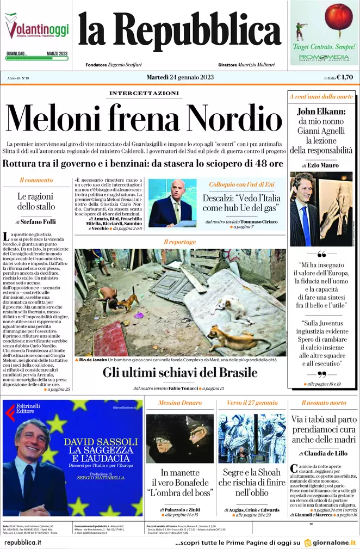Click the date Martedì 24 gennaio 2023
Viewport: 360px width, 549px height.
(179, 77)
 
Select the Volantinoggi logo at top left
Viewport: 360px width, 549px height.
(36, 28)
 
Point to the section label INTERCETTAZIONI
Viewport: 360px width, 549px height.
(144, 94)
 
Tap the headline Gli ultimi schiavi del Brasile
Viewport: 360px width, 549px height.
(180, 373)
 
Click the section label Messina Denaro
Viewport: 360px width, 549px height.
(179, 403)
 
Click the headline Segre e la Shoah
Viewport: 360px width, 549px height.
(252, 472)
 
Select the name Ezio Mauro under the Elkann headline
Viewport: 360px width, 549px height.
(323, 165)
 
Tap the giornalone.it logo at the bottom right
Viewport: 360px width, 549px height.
(330, 542)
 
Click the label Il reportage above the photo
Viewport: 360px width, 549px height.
(180, 241)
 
